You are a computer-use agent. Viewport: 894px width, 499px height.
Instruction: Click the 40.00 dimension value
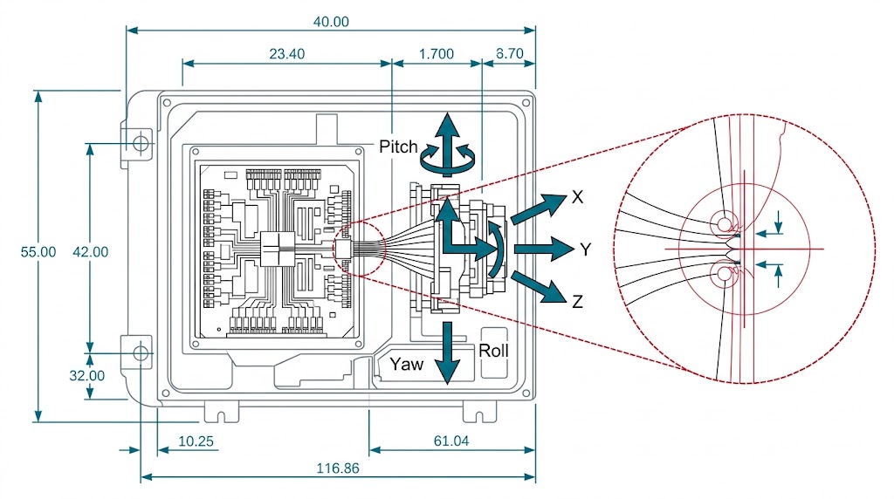pos(330,22)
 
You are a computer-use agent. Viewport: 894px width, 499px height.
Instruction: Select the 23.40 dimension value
pos(286,54)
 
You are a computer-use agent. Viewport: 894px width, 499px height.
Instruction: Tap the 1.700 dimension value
pos(437,54)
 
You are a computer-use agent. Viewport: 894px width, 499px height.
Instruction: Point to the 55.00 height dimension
pos(38,251)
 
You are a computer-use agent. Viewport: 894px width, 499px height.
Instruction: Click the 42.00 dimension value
pos(90,251)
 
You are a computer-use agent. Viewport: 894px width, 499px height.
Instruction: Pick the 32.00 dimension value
pos(87,376)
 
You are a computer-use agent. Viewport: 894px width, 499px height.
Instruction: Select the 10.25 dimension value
pos(196,441)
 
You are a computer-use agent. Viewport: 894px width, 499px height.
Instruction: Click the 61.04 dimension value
pos(450,441)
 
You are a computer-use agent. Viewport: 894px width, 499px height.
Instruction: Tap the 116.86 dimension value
pos(339,468)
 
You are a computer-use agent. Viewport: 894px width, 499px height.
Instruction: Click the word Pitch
pos(398,147)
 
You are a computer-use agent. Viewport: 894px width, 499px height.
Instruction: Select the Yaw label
pos(407,364)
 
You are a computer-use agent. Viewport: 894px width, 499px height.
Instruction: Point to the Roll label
pos(494,351)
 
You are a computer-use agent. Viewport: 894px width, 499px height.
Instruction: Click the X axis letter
pos(577,198)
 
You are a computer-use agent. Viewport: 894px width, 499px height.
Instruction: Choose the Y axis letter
pos(586,250)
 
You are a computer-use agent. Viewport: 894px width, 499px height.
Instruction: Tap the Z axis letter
pos(577,303)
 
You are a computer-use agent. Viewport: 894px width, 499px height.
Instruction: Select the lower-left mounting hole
pos(141,353)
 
